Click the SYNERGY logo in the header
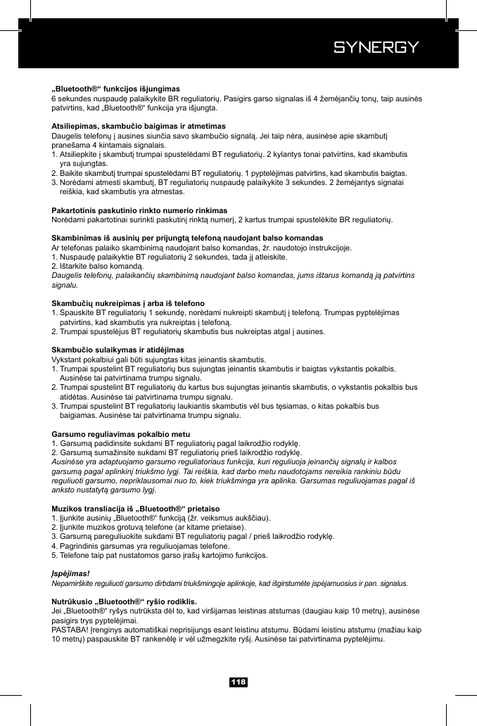pyautogui.click(x=376, y=48)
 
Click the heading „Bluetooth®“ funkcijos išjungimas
pyautogui.click(x=116, y=89)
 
